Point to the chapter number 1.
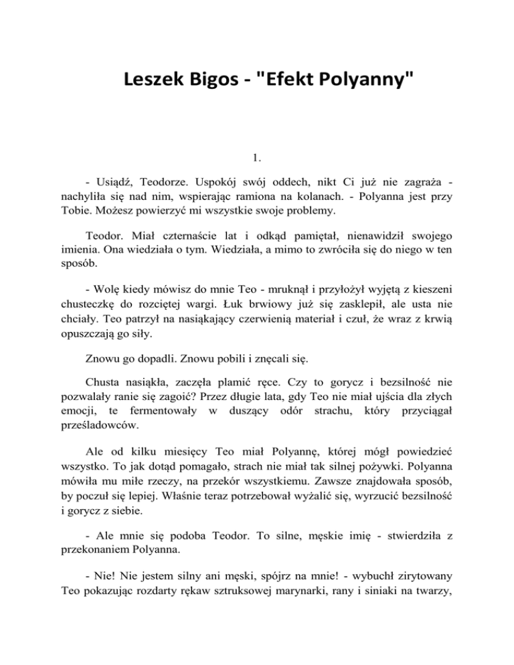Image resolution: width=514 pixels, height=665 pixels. coord(256,159)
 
